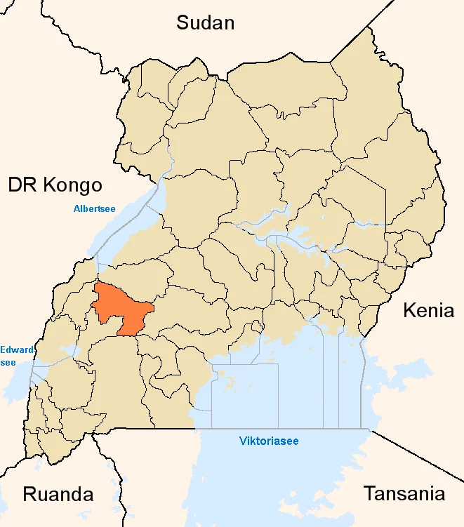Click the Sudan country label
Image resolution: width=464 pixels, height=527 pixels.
pyautogui.click(x=205, y=22)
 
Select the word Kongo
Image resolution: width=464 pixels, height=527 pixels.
pyautogui.click(x=72, y=185)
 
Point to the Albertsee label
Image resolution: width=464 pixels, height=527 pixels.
pyautogui.click(x=94, y=208)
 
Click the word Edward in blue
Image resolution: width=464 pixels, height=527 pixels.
pyautogui.click(x=15, y=349)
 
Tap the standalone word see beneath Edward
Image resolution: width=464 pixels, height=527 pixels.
pyautogui.click(x=9, y=362)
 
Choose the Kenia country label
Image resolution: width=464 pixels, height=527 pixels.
pyautogui.click(x=428, y=310)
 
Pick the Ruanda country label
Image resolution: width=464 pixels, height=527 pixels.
pyautogui.click(x=58, y=493)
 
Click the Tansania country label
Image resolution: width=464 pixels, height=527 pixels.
pyautogui.click(x=404, y=493)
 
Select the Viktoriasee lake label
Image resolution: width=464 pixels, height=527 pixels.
pyautogui.click(x=269, y=441)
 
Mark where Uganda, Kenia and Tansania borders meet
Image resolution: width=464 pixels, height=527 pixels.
pyautogui.click(x=370, y=429)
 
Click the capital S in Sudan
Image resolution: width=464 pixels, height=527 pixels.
pyautogui.click(x=183, y=22)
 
